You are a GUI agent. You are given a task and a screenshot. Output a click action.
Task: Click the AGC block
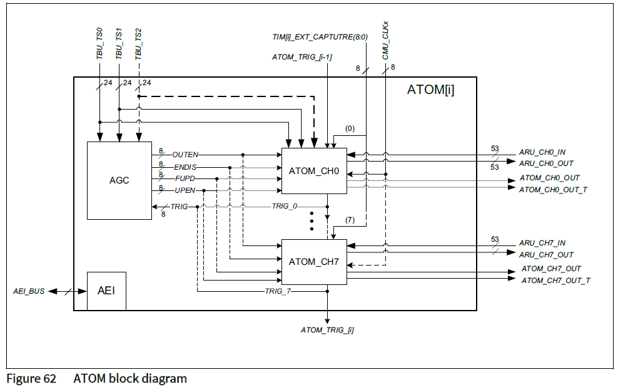(x=119, y=180)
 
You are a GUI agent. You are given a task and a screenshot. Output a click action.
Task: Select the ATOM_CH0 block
(x=313, y=170)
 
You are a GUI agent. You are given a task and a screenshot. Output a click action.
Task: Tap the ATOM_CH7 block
(x=313, y=262)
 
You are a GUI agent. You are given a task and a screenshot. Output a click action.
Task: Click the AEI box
(x=106, y=291)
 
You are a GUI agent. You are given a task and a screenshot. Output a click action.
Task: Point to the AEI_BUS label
(x=29, y=291)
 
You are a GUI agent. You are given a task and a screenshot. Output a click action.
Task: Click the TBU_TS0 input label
(x=99, y=44)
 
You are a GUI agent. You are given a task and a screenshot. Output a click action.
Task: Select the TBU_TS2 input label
(x=138, y=44)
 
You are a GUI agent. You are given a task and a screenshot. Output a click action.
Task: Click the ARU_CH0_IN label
(x=542, y=152)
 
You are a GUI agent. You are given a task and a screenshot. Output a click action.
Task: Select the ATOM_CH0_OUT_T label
(x=553, y=189)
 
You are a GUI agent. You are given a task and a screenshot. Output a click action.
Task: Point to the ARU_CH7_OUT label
(x=545, y=255)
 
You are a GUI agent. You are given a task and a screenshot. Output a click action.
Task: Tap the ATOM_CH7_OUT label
(x=551, y=269)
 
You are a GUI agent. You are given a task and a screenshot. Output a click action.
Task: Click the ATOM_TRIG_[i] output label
(x=327, y=329)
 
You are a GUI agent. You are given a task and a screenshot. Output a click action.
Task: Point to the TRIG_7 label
(x=278, y=291)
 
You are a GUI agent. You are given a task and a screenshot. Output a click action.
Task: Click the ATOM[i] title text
(x=430, y=90)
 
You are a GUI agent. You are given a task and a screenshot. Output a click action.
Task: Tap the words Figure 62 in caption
(x=31, y=378)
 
